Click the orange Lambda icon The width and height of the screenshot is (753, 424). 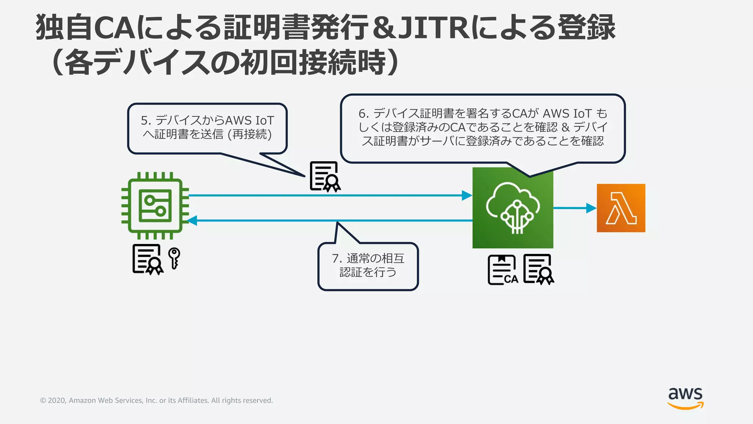click(621, 208)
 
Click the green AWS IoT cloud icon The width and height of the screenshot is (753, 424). click(513, 208)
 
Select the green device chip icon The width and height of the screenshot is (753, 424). click(155, 205)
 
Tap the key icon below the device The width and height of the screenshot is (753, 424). click(174, 258)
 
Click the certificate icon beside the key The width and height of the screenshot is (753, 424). click(148, 259)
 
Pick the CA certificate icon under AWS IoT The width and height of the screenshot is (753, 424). click(502, 270)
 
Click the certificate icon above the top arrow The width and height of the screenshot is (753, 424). click(325, 177)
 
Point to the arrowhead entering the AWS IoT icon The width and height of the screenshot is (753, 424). click(467, 195)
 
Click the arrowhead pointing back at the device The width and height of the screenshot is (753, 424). click(192, 220)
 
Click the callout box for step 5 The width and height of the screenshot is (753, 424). click(207, 128)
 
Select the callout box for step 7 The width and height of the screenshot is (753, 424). click(368, 266)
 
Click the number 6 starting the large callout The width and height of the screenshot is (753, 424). click(362, 113)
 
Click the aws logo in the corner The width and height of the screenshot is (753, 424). click(685, 398)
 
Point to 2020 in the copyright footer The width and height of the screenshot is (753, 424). click(56, 400)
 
